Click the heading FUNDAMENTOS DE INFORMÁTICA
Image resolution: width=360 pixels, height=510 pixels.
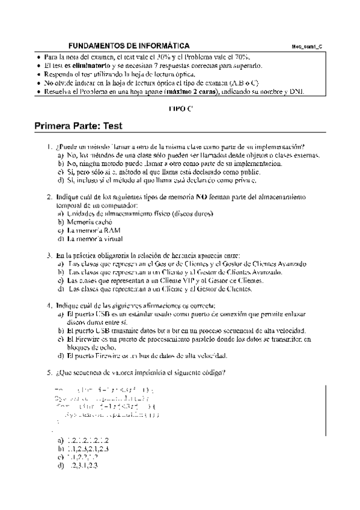click(x=129, y=46)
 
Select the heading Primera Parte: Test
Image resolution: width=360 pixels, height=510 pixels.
click(x=79, y=126)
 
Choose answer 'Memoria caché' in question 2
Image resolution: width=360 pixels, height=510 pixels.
click(x=88, y=222)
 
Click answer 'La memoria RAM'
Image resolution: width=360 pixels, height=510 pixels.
click(x=90, y=230)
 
